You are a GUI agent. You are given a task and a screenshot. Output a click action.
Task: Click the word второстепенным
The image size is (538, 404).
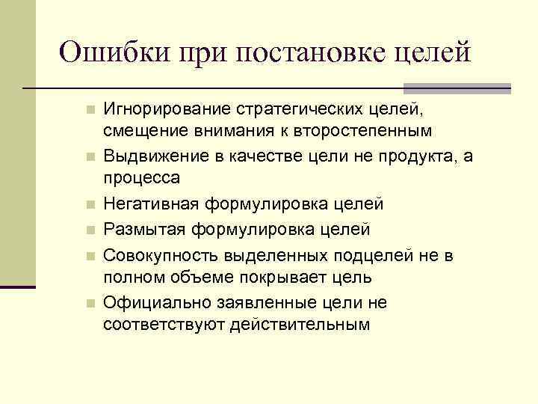(x=357, y=132)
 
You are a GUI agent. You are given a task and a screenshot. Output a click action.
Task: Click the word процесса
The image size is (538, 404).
(x=141, y=177)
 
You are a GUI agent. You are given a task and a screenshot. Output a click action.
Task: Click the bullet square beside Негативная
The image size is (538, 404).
(x=90, y=204)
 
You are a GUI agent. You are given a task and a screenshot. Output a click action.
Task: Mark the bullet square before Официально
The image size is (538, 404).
(x=90, y=303)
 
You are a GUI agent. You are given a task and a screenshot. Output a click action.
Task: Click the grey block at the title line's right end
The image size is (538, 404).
(x=498, y=88)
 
